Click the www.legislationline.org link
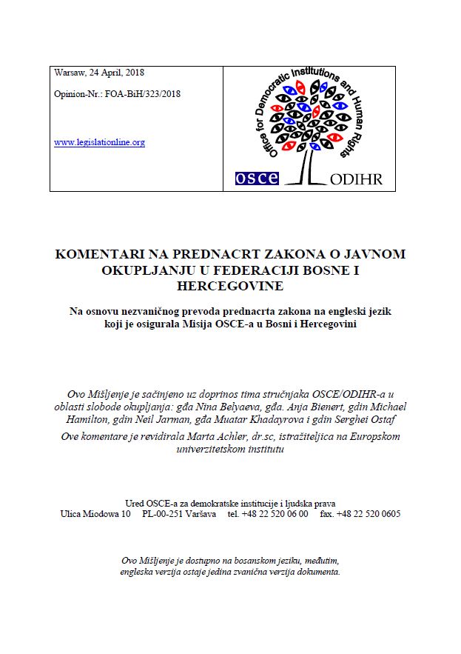point(99,142)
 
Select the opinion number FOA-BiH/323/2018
point(141,94)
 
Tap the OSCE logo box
point(256,178)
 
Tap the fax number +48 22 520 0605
point(368,513)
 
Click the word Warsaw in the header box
point(69,73)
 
